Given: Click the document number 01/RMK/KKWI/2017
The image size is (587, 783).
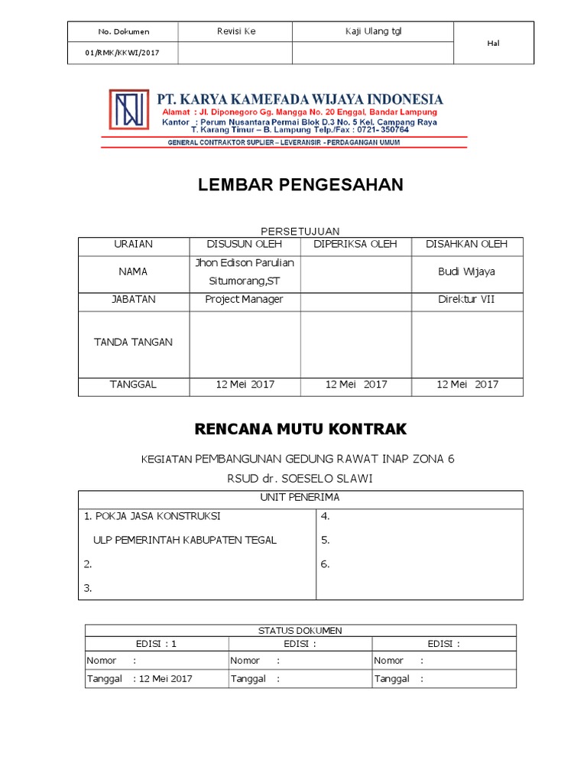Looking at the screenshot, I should [123, 53].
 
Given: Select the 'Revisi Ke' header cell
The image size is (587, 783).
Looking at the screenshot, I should [235, 31].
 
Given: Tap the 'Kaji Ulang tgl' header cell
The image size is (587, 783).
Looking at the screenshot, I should [373, 31].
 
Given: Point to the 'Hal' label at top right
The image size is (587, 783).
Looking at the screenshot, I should [493, 43].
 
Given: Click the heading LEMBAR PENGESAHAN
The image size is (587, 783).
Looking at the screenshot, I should [300, 185].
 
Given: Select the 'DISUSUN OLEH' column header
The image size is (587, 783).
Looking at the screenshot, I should [245, 245].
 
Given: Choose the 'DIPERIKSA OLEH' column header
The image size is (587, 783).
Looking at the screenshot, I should [355, 245].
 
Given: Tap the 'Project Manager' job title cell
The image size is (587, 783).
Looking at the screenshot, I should [245, 300].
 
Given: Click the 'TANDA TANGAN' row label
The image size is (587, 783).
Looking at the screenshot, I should [133, 343].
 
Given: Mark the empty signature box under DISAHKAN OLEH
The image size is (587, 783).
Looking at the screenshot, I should [467, 344].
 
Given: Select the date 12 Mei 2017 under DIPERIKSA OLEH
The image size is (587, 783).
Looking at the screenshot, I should [355, 385].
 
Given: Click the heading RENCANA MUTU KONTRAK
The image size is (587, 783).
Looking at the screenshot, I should [300, 428].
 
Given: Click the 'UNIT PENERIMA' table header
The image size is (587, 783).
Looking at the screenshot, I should [300, 498].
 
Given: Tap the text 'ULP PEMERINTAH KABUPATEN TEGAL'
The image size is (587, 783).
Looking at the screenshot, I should [184, 540].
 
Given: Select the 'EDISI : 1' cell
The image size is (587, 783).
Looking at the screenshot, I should [156, 644].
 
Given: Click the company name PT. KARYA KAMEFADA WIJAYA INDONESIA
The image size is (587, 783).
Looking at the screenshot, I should [300, 99].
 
